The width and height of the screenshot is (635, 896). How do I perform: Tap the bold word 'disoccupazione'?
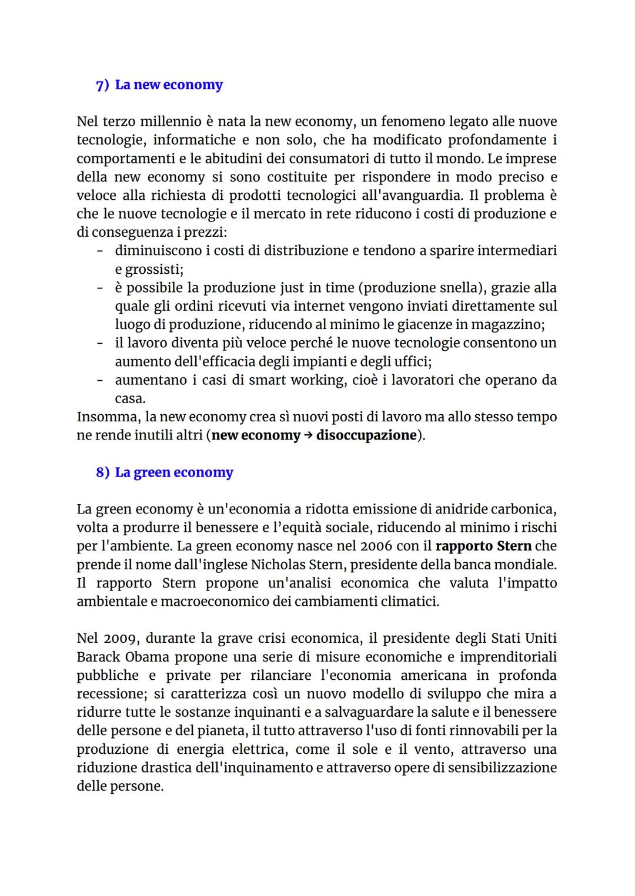(366, 435)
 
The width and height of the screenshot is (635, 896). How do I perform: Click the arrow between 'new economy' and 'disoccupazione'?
(308, 435)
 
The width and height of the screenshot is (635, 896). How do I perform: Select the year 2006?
(376, 546)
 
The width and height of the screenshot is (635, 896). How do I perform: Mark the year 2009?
(120, 639)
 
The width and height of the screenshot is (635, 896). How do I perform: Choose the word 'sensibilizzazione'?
(502, 768)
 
